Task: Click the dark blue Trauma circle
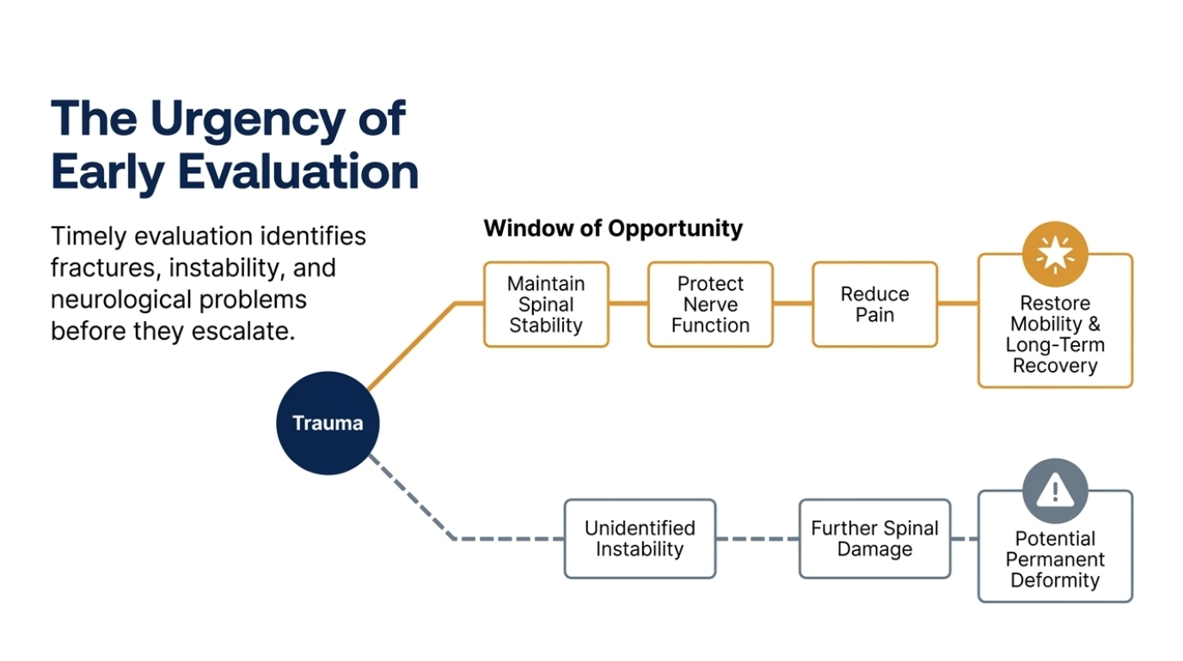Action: click(x=328, y=423)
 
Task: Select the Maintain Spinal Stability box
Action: click(x=546, y=305)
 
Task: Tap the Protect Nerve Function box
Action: click(x=710, y=305)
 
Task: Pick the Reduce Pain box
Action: click(x=875, y=305)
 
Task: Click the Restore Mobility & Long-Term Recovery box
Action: click(x=1055, y=334)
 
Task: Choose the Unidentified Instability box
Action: click(x=641, y=539)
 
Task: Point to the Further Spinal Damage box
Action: click(x=875, y=539)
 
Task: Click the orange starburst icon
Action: click(x=1055, y=255)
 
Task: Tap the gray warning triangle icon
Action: click(x=1055, y=491)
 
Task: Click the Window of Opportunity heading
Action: click(x=613, y=229)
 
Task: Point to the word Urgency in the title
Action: click(x=248, y=120)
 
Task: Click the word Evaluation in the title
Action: click(x=298, y=172)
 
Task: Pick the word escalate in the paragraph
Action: click(x=243, y=331)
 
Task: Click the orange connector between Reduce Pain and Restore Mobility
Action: click(x=958, y=304)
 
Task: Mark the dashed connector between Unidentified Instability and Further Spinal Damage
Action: click(x=758, y=539)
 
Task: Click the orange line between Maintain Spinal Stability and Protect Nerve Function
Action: click(x=628, y=304)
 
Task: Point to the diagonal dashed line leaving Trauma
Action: click(x=413, y=497)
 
